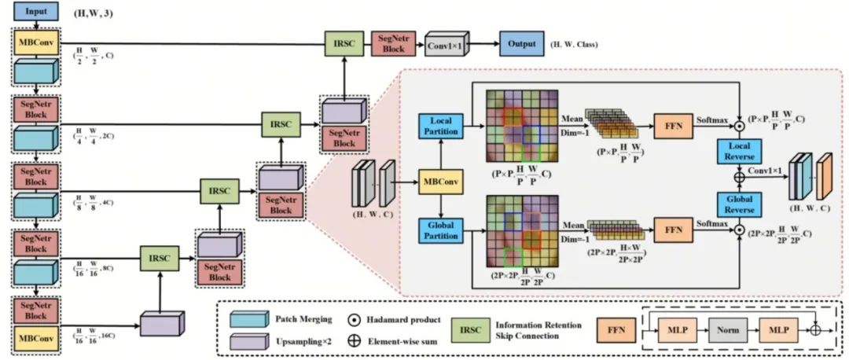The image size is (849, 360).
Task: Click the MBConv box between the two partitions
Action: tap(441, 182)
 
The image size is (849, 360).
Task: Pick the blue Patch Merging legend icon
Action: tap(245, 320)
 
